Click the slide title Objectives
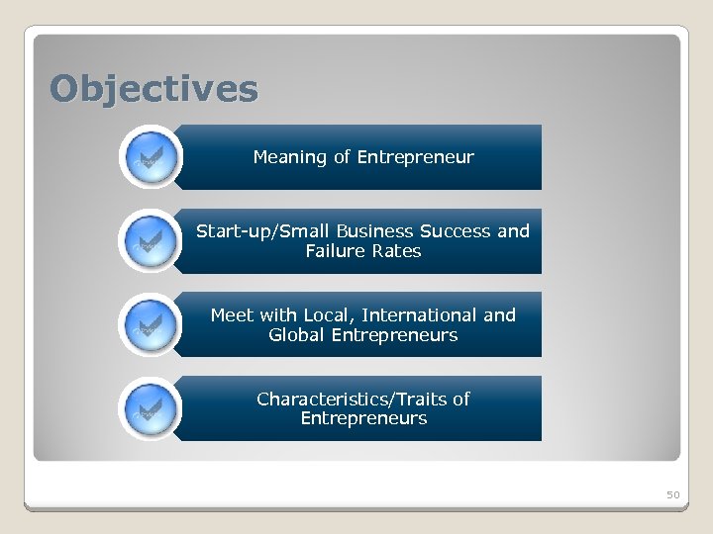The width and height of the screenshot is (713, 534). (x=154, y=89)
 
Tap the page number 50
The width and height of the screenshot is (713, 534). (x=672, y=493)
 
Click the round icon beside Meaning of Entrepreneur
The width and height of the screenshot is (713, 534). (x=151, y=157)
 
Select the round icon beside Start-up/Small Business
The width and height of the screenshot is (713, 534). (x=151, y=240)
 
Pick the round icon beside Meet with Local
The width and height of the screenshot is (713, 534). (x=151, y=324)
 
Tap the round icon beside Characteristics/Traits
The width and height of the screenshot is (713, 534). (x=151, y=408)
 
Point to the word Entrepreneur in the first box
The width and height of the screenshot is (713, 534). (x=415, y=157)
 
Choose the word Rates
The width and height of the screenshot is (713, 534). (x=397, y=251)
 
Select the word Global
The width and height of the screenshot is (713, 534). (x=296, y=335)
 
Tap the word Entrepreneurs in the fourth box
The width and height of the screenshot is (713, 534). (x=363, y=418)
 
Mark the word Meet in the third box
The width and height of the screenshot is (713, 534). (x=232, y=315)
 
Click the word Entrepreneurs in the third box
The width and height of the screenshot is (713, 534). (x=394, y=335)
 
